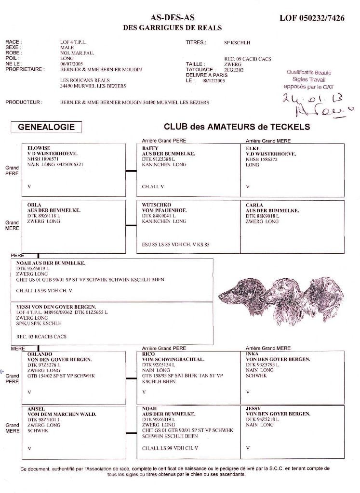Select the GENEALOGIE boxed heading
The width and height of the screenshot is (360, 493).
[x=46, y=127]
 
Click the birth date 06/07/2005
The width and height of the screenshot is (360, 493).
[x=72, y=64]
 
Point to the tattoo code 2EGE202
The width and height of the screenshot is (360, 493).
[x=235, y=70]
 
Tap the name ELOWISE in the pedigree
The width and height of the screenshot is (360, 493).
[x=40, y=148]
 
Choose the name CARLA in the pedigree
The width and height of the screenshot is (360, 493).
[x=254, y=205]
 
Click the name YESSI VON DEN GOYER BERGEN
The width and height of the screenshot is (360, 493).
[x=56, y=307]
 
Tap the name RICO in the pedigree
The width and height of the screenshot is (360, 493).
[x=149, y=354]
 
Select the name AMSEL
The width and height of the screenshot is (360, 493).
[x=38, y=409]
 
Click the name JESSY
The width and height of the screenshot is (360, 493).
[x=253, y=409]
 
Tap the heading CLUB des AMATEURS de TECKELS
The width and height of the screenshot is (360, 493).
[x=237, y=127]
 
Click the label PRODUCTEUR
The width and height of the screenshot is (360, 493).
[x=24, y=103]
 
